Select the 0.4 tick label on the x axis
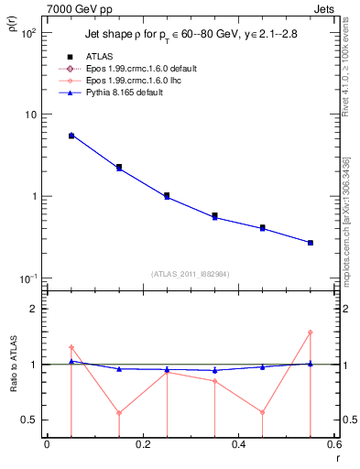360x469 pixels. (238, 444)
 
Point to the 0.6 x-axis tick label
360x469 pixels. (333, 444)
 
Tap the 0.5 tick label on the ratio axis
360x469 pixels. (29, 420)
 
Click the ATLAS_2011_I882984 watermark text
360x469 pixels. (190, 273)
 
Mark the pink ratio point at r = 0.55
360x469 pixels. (311, 333)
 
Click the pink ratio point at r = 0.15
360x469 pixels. (119, 412)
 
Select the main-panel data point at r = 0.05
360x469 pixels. (71, 135)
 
